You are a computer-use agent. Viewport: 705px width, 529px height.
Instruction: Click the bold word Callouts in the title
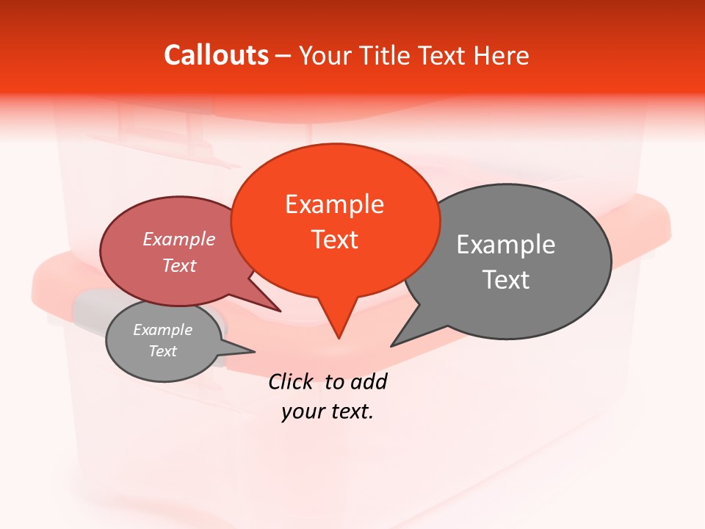(216, 55)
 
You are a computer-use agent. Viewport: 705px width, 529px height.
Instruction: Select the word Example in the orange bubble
(334, 204)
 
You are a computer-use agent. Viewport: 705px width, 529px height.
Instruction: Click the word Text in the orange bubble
(334, 240)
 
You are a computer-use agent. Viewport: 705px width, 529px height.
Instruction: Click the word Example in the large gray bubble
(506, 245)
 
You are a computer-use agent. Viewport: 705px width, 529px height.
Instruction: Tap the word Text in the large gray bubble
(506, 280)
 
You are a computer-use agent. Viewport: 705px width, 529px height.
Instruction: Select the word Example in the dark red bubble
(179, 240)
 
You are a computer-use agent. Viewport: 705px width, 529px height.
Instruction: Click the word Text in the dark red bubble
(179, 265)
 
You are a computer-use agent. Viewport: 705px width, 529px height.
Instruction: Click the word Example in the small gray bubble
(162, 330)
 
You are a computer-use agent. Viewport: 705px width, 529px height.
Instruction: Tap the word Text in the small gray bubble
(162, 351)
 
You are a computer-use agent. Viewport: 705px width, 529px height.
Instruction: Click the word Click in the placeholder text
(290, 382)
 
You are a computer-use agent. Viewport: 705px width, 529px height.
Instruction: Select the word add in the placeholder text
(369, 382)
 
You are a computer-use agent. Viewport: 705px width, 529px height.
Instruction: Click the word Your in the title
(324, 55)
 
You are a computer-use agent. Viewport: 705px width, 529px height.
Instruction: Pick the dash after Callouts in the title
(284, 55)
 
